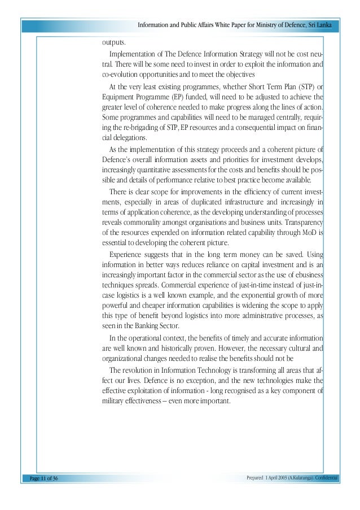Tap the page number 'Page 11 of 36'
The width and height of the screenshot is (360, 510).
tap(40, 478)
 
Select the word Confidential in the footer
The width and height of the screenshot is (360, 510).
tap(324, 478)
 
